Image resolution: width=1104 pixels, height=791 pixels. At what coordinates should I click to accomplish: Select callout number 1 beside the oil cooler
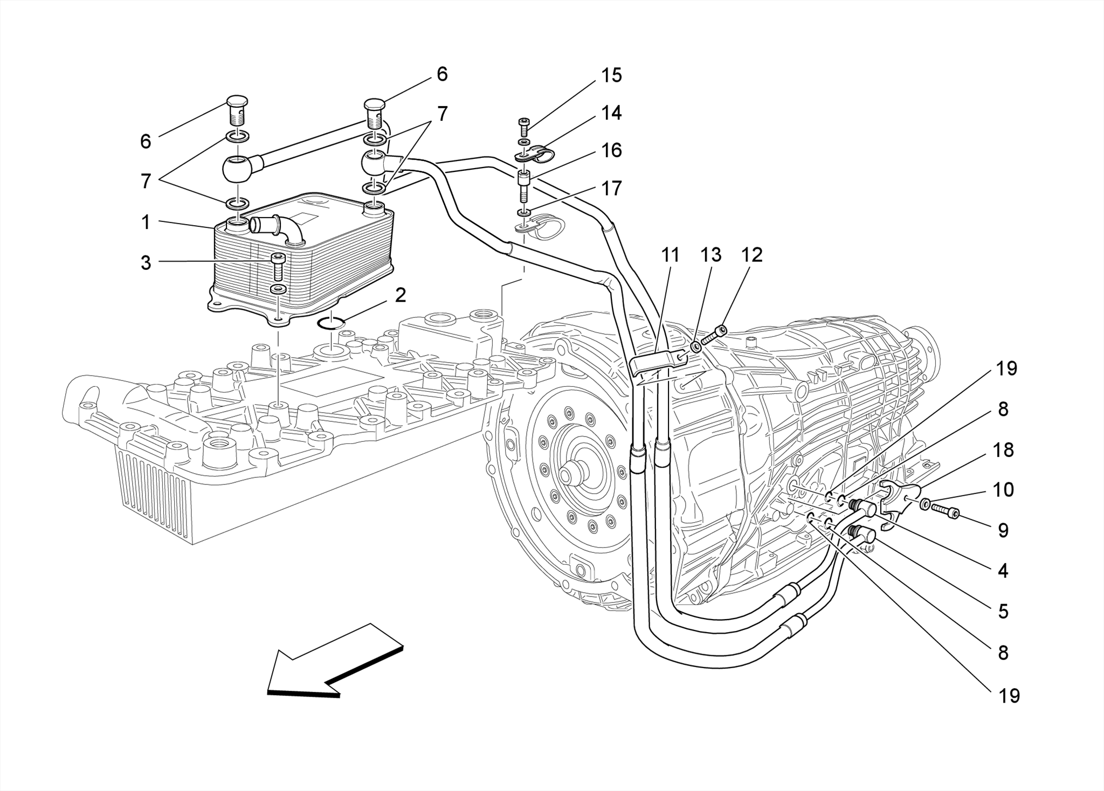(x=146, y=222)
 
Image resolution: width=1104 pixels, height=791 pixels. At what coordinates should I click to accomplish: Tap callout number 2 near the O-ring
(x=400, y=295)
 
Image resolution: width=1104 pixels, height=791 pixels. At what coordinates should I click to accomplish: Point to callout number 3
(x=146, y=263)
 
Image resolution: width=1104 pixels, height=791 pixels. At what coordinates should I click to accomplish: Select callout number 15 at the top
(x=611, y=75)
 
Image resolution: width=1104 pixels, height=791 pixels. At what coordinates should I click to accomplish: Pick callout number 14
(x=611, y=113)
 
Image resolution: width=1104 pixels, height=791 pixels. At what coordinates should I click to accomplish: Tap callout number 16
(x=611, y=150)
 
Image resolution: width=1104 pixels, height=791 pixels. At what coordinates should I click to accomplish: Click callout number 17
(x=611, y=188)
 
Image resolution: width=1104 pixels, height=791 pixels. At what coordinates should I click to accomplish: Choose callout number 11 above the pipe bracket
(x=671, y=255)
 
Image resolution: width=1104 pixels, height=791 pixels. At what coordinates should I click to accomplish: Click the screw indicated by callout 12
(x=714, y=335)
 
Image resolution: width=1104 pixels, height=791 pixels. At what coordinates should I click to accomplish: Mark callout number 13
(x=711, y=255)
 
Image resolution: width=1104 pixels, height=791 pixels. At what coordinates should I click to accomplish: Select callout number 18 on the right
(x=1003, y=450)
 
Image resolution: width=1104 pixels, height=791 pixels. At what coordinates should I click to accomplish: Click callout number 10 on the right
(x=1003, y=490)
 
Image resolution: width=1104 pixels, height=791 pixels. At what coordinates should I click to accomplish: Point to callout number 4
(x=1003, y=571)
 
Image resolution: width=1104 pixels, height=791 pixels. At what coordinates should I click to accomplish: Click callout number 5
(x=1003, y=612)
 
